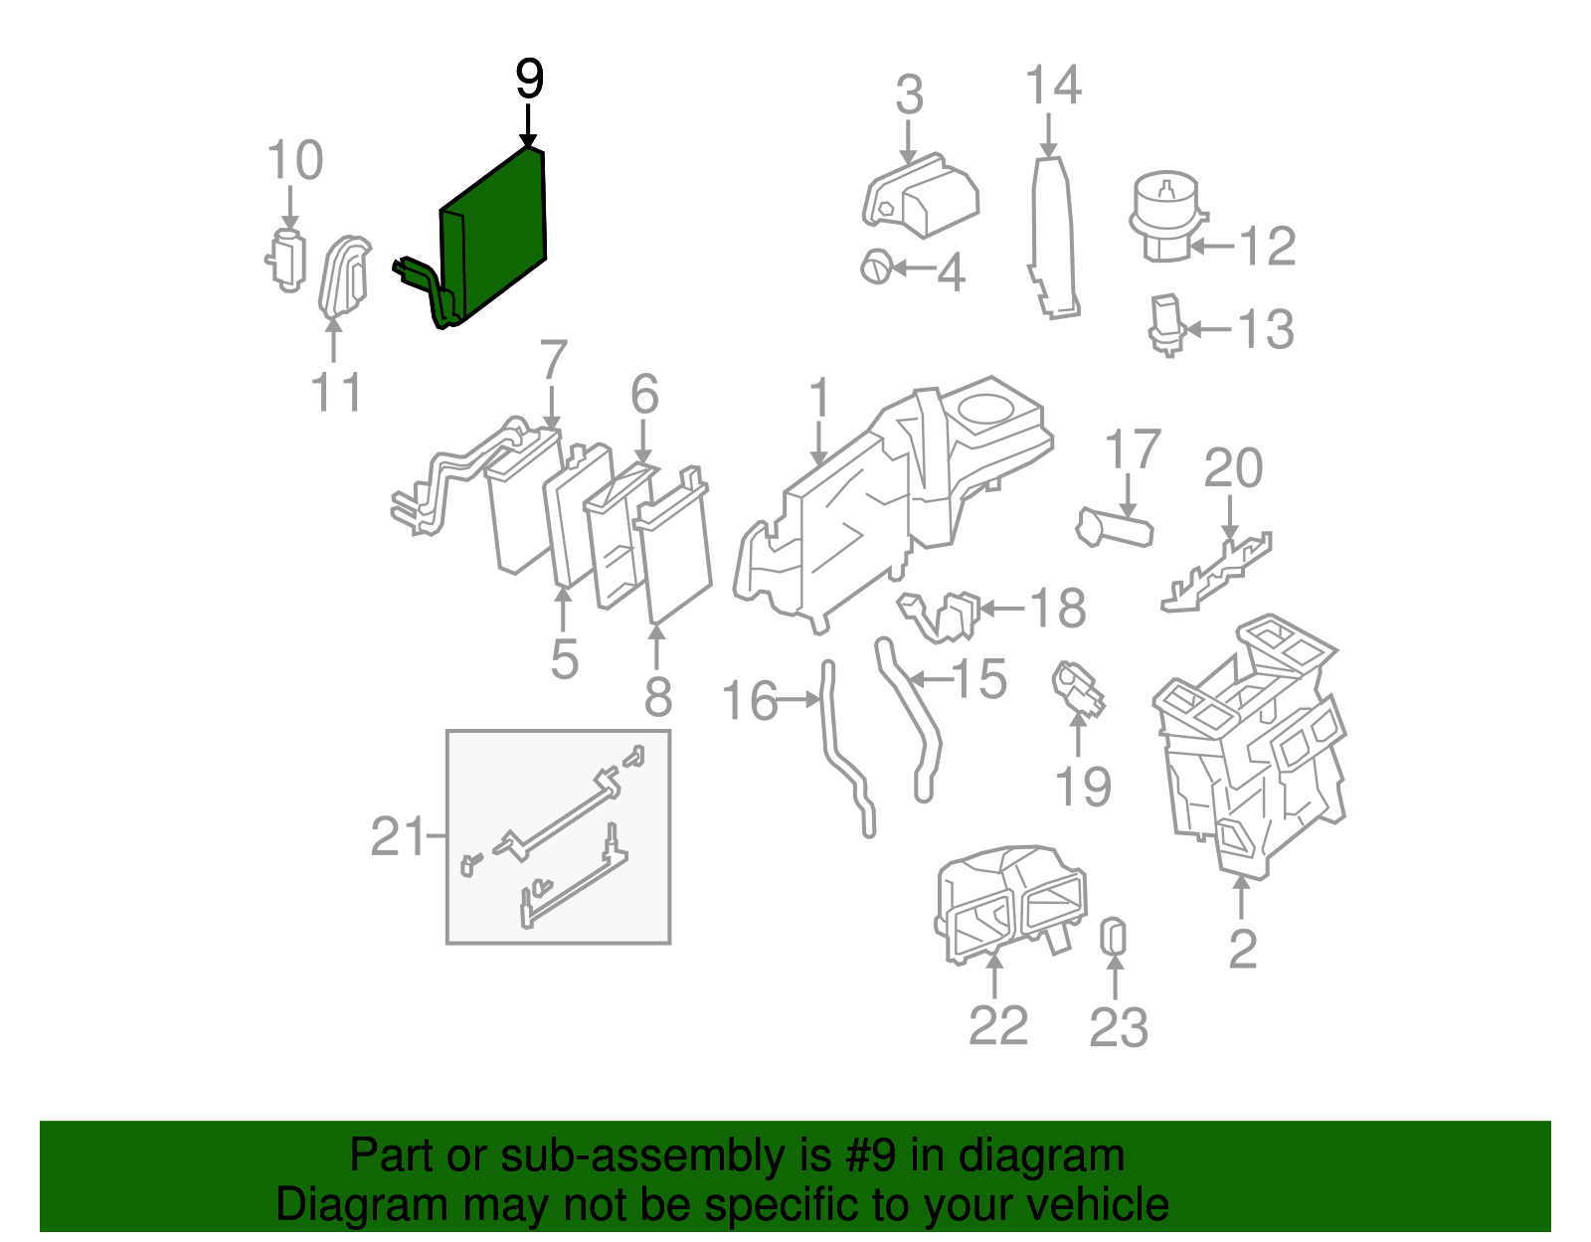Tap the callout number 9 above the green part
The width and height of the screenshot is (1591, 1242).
click(529, 79)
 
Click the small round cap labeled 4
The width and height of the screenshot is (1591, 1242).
click(876, 267)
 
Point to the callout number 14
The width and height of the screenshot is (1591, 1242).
click(1053, 85)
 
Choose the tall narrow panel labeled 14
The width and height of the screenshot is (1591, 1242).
click(1053, 238)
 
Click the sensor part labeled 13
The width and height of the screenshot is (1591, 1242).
click(1167, 324)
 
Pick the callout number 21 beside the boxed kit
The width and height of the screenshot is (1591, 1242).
click(398, 835)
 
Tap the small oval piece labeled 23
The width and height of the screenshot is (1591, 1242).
click(1113, 936)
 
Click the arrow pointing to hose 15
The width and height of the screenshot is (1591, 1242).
click(930, 680)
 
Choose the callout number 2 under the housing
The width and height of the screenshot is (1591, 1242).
click(1243, 949)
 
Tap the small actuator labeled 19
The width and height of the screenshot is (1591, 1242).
click(1077, 689)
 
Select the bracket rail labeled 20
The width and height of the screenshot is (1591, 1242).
click(1216, 573)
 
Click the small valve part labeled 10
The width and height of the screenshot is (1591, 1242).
click(286, 260)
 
